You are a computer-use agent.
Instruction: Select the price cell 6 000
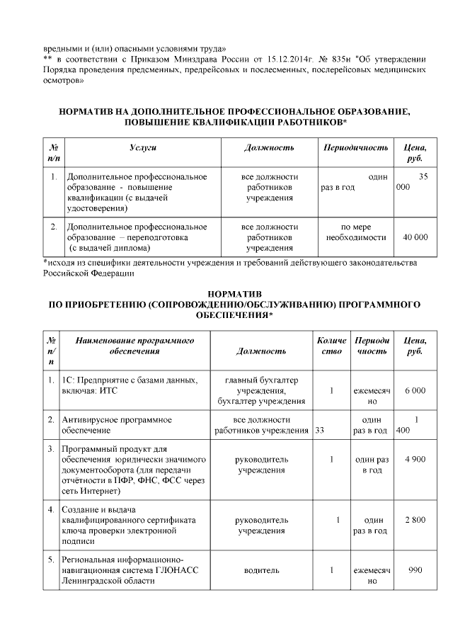(x=415, y=390)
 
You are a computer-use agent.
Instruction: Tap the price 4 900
(x=415, y=460)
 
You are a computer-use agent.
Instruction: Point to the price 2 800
(x=415, y=520)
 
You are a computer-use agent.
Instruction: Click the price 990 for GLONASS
(x=415, y=569)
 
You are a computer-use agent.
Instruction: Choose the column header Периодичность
(x=355, y=147)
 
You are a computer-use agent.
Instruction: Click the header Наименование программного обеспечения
(x=134, y=346)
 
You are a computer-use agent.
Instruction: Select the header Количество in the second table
(x=332, y=346)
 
